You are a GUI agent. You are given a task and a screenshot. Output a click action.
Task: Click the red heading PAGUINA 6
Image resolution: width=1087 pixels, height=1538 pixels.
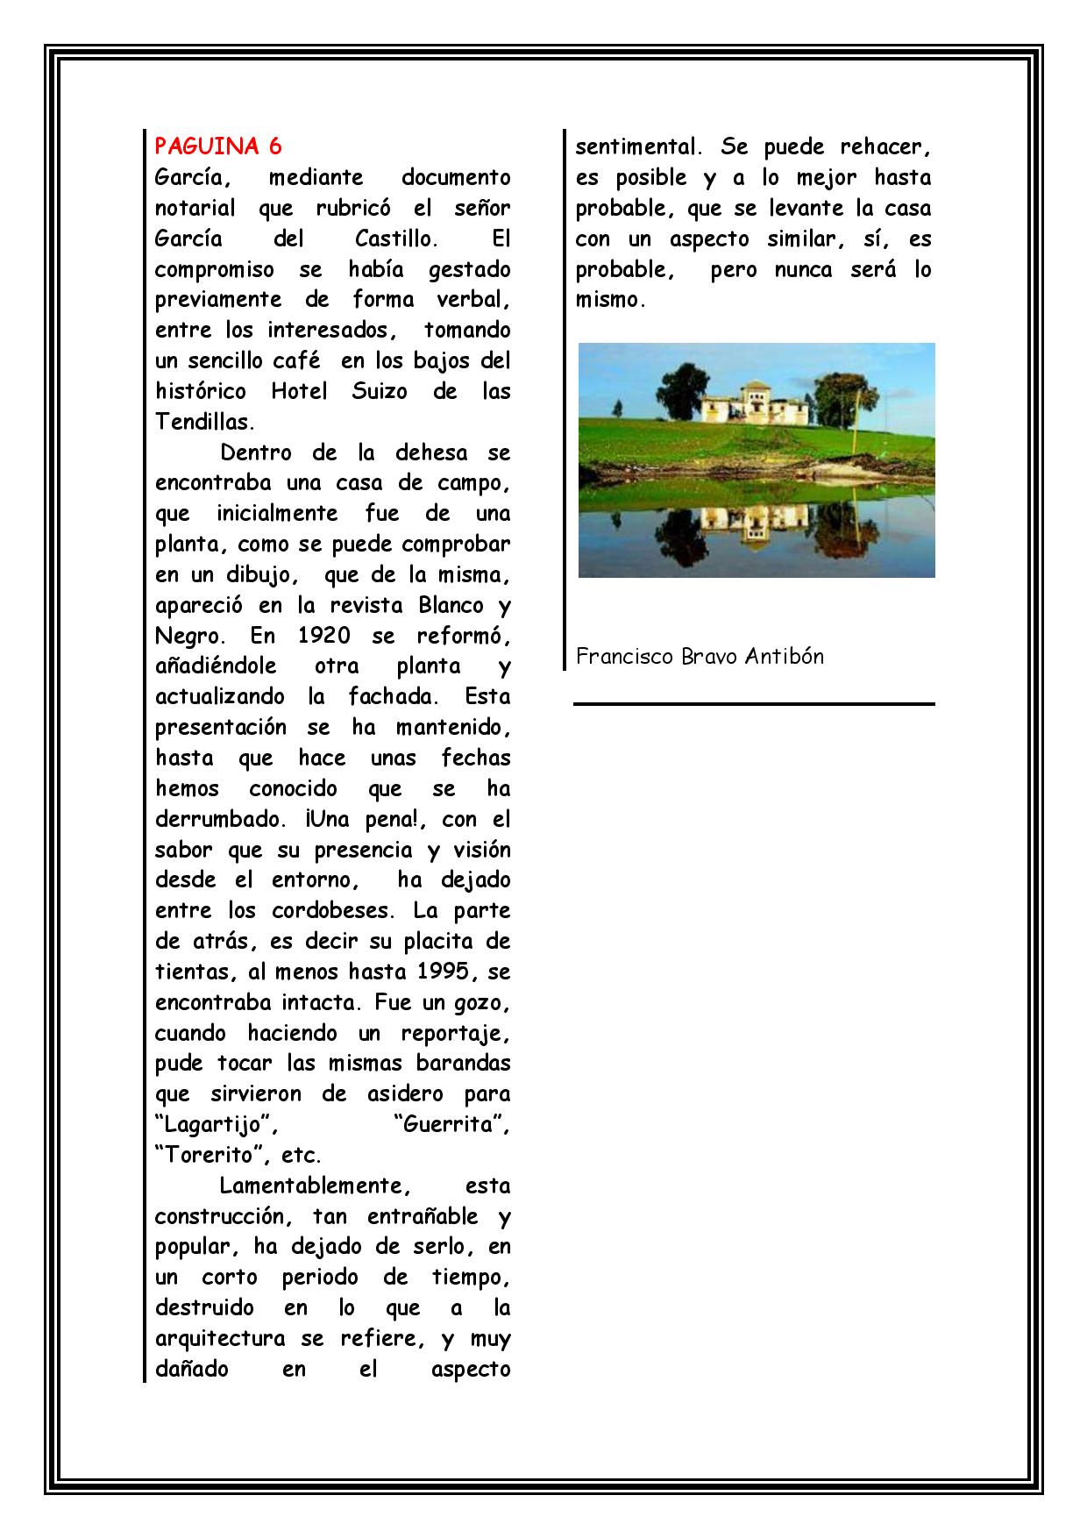click(x=218, y=146)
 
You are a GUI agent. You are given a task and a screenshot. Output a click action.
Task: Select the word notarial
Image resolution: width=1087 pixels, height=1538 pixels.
click(x=195, y=209)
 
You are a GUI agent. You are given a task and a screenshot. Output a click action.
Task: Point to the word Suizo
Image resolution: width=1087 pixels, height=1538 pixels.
click(x=380, y=391)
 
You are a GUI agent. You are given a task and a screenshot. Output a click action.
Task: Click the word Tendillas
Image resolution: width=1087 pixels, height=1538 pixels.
click(x=204, y=422)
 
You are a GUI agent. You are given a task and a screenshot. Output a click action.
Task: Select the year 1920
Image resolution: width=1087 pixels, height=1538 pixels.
click(x=324, y=635)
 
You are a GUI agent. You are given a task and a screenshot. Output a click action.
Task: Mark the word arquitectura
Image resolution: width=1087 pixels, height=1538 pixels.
click(x=220, y=1339)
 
